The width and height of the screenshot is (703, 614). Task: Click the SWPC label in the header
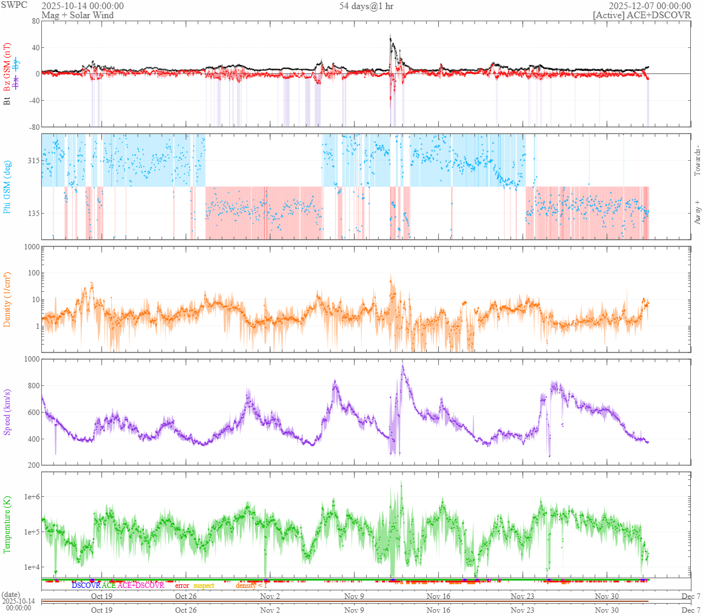(14, 5)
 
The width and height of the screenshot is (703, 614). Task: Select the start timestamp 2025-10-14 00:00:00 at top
(83, 6)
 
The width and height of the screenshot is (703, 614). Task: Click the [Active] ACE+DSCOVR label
(642, 15)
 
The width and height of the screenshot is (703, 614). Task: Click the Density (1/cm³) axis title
(7, 300)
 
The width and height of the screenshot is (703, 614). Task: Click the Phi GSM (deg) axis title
(7, 186)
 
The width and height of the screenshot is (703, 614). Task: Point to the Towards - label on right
(697, 161)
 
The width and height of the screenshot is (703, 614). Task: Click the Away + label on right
(697, 213)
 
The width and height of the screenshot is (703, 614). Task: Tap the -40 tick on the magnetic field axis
(32, 101)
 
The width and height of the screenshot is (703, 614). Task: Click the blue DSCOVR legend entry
(86, 585)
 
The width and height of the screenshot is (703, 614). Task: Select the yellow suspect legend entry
(203, 585)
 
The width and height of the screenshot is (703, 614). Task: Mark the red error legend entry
(182, 585)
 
